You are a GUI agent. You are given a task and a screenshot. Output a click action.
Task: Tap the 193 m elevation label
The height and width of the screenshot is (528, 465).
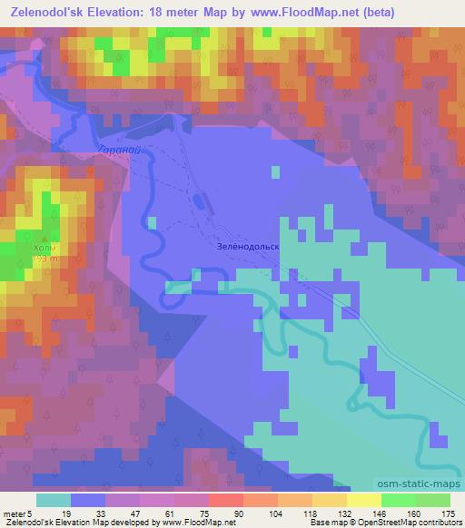point(45,259)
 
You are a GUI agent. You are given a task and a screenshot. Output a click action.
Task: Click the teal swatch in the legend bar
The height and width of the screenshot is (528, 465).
point(54,500)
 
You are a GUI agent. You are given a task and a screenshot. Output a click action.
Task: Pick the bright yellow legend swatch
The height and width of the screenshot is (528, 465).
point(363,500)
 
